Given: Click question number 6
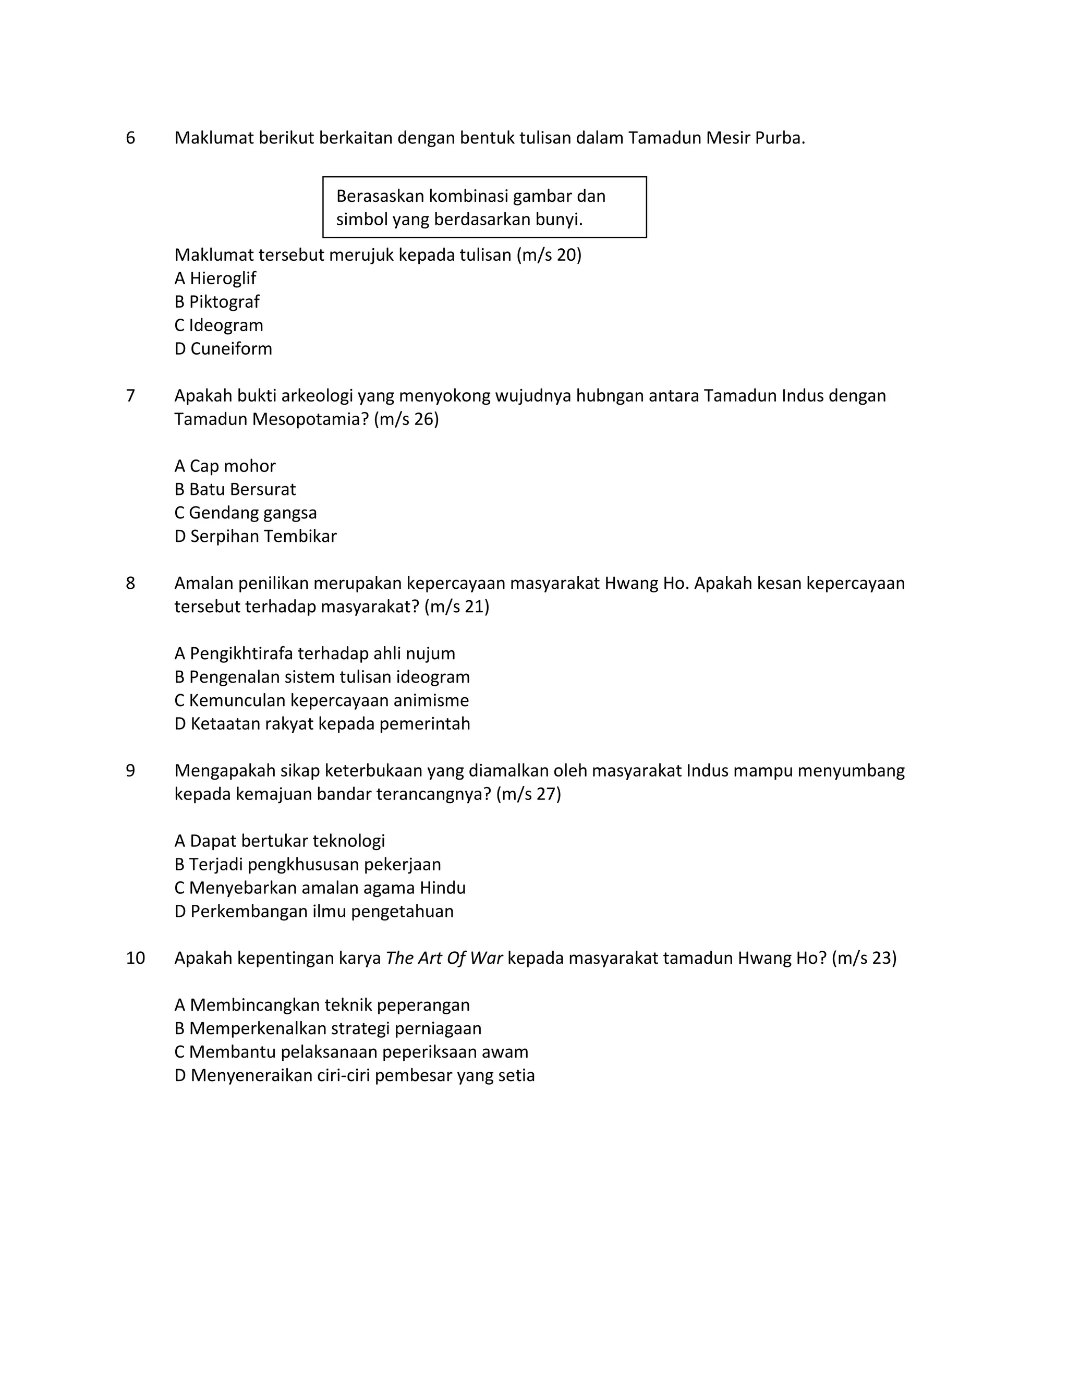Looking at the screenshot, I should (x=130, y=138).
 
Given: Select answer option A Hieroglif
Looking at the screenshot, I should (x=215, y=278).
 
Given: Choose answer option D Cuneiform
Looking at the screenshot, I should (x=223, y=349).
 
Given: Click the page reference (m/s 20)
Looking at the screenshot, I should (x=549, y=255).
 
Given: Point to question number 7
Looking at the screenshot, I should (x=130, y=396).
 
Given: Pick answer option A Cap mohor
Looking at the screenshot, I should (x=225, y=466).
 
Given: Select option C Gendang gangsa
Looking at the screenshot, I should (x=246, y=513).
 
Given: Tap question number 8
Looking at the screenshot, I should (x=130, y=584).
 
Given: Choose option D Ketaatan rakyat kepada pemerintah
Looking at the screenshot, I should (x=322, y=724).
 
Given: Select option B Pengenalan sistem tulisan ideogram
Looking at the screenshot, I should (x=322, y=677).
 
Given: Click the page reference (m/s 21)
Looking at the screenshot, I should (x=457, y=607).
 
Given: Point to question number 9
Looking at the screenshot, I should (x=130, y=771).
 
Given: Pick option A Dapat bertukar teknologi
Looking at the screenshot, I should (x=280, y=841).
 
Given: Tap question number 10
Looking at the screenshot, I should (x=136, y=958).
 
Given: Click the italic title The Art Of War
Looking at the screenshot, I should (x=444, y=958).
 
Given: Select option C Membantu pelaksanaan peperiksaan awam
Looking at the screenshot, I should (x=351, y=1052).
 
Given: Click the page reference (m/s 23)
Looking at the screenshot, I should (x=864, y=958).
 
